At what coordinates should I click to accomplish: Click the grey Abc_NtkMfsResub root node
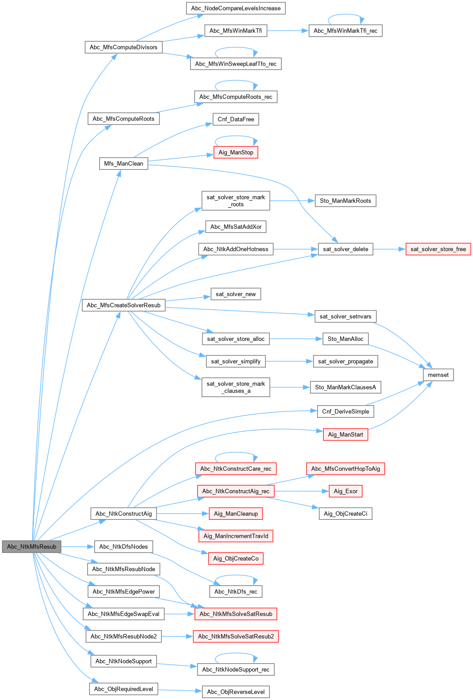click(31, 546)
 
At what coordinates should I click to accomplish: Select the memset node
click(438, 375)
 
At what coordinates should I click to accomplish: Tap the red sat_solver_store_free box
click(438, 249)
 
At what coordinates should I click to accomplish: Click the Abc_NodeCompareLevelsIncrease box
click(236, 8)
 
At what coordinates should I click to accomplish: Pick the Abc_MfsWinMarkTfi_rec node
click(345, 31)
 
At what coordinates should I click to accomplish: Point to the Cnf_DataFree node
click(236, 120)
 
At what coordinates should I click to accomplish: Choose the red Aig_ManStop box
click(236, 153)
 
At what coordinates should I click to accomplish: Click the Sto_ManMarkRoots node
click(345, 201)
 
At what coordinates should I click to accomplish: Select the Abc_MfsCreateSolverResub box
click(124, 306)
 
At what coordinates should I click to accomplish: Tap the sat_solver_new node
click(236, 294)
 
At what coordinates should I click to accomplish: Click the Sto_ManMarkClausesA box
click(345, 387)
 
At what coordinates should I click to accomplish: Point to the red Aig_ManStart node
click(345, 435)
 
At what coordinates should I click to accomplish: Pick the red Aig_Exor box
click(345, 491)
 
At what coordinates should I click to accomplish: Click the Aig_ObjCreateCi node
click(345, 514)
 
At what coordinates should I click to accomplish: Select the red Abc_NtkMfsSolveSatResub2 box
click(236, 637)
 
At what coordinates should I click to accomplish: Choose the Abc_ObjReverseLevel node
click(236, 692)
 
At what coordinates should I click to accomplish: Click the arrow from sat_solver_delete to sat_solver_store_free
click(389, 249)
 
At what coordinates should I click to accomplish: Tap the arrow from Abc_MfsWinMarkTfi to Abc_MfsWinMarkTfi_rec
click(288, 31)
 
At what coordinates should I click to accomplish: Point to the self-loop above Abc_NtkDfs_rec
click(236, 576)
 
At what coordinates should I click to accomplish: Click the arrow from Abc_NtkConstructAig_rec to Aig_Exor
click(302, 491)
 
